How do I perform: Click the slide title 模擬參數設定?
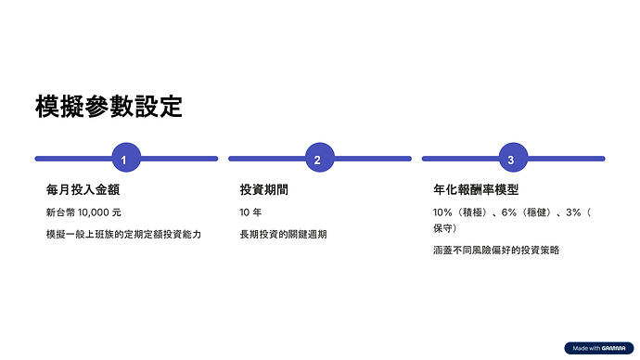(x=109, y=107)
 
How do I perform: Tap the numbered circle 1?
(x=124, y=159)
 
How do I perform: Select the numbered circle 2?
(x=317, y=159)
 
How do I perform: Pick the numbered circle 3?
(x=511, y=159)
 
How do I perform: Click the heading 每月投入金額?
(x=83, y=190)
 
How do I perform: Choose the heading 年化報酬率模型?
(x=475, y=190)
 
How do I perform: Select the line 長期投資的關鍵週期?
(x=284, y=234)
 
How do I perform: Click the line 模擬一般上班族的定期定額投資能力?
(x=123, y=234)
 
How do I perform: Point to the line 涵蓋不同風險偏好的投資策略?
(x=496, y=250)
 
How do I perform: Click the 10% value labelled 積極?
(x=443, y=212)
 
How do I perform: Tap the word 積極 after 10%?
(x=473, y=212)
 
